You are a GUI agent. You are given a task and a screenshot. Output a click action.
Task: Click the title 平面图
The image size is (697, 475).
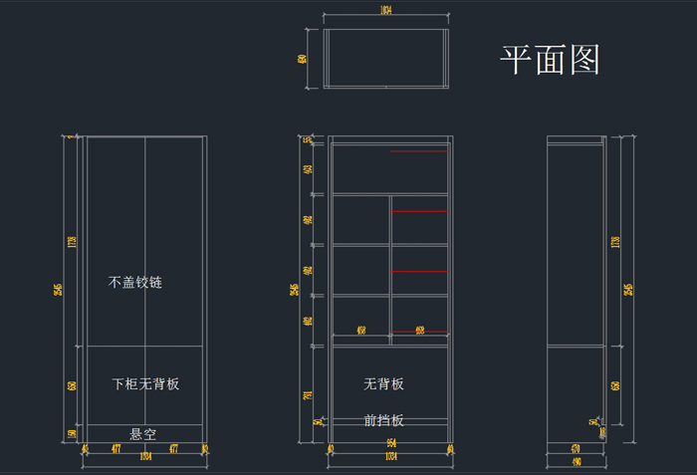point(550,61)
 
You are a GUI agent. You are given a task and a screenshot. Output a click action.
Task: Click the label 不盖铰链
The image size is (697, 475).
point(135,283)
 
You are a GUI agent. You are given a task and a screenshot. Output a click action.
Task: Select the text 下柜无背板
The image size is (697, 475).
point(145,383)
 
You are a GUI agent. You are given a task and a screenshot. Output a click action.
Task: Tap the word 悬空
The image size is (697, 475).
point(143,434)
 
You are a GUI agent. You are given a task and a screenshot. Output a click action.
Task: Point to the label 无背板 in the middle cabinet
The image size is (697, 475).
point(383,384)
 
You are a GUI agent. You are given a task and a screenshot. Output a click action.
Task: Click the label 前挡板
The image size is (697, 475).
point(383,420)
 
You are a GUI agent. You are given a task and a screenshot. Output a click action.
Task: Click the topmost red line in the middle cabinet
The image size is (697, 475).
point(419,151)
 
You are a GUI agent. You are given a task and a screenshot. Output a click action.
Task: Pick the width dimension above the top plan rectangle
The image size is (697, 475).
point(385,11)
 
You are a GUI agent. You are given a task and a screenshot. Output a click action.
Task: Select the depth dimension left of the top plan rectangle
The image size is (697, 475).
point(302,59)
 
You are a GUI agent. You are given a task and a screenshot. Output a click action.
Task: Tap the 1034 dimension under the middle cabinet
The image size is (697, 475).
point(391,456)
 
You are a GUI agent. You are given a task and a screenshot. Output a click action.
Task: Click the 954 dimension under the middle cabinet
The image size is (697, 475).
point(391,443)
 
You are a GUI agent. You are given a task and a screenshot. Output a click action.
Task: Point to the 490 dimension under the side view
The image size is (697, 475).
point(576,462)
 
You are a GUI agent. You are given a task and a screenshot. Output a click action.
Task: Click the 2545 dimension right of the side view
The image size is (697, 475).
point(627,290)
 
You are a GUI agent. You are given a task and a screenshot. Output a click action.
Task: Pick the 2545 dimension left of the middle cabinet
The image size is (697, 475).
point(294,290)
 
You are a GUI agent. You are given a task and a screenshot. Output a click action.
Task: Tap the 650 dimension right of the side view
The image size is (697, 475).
point(615,385)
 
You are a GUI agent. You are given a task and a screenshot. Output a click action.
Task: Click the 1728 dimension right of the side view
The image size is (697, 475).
point(615,241)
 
